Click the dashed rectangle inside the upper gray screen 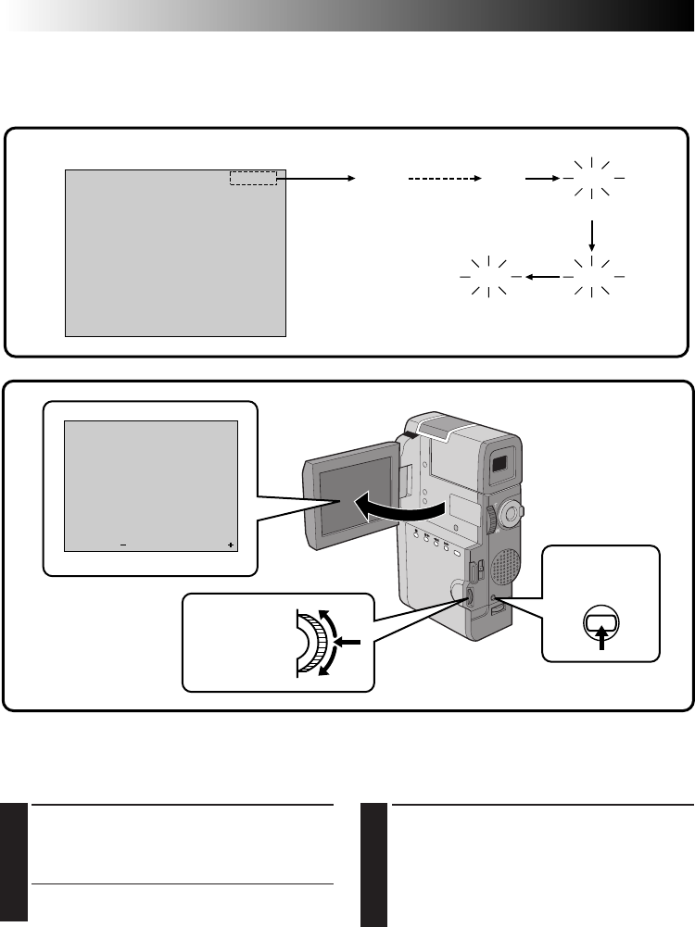pyautogui.click(x=253, y=178)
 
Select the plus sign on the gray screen pyautogui.click(x=230, y=545)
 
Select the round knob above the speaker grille pyautogui.click(x=511, y=511)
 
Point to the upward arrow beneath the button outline pyautogui.click(x=602, y=640)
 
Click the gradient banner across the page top pyautogui.click(x=347, y=16)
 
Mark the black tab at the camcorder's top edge pyautogui.click(x=409, y=432)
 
